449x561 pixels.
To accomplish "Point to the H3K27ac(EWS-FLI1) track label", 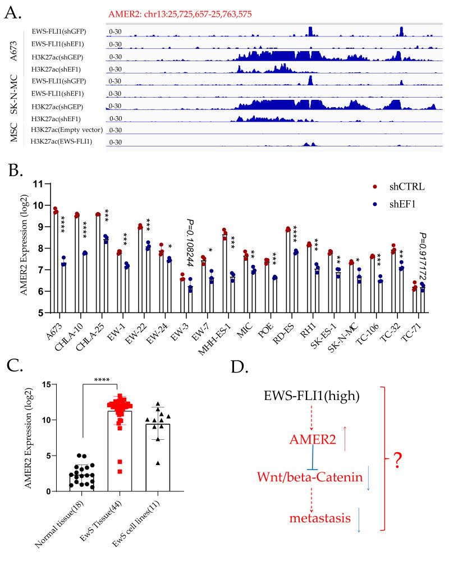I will [x=68, y=141].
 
